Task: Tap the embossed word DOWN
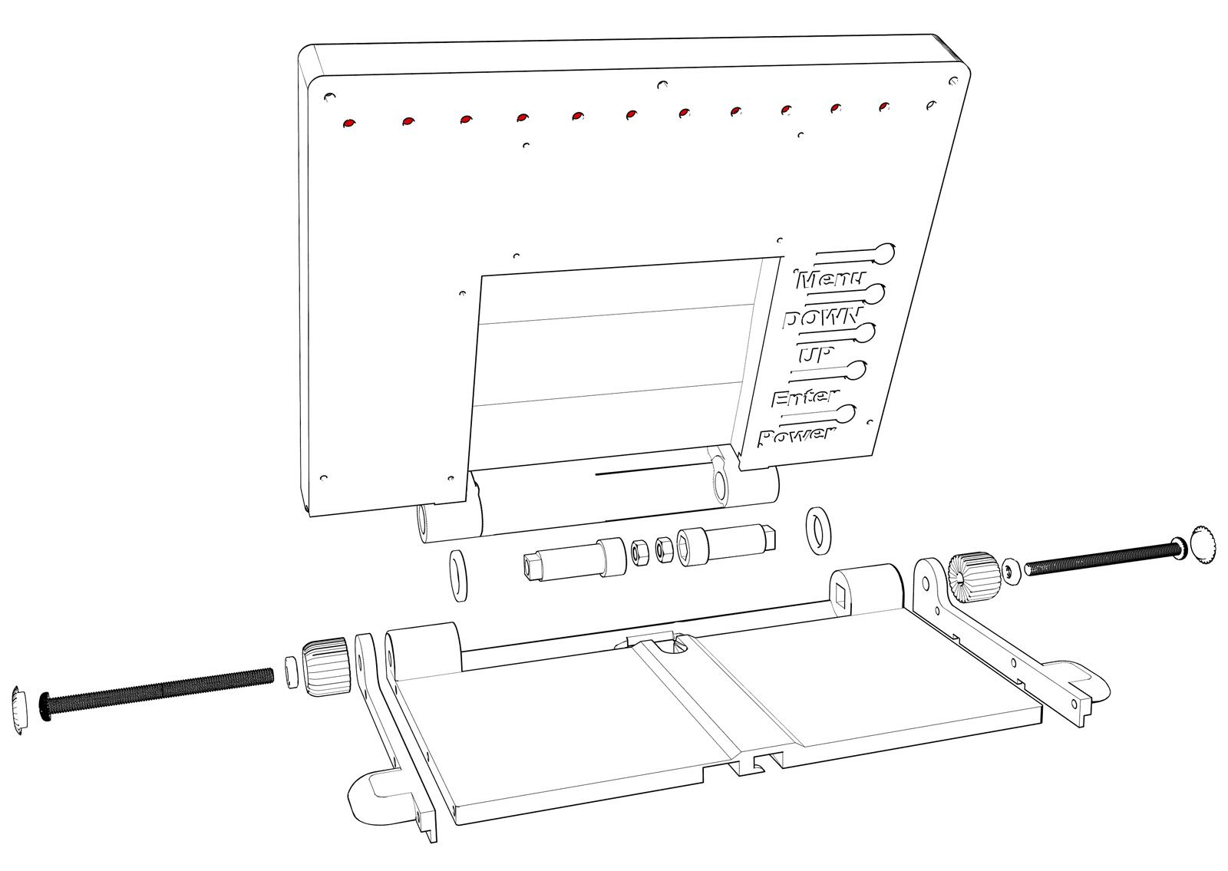821,318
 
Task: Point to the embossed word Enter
804,398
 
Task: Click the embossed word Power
795,437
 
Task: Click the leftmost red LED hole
349,123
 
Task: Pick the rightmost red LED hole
884,106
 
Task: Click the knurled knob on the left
326,665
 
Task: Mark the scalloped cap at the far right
1203,546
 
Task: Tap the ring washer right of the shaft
819,530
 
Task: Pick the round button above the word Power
846,414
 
